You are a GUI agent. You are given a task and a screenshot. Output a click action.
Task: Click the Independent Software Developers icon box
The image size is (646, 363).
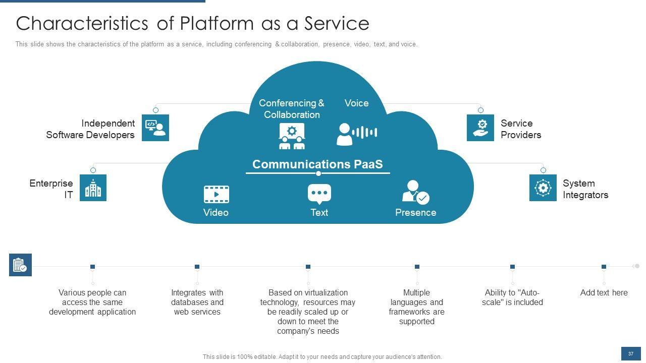click(x=155, y=128)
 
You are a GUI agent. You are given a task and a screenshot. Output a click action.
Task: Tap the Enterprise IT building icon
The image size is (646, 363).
click(x=93, y=188)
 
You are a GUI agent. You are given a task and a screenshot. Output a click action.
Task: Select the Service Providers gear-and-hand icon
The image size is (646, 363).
click(x=480, y=128)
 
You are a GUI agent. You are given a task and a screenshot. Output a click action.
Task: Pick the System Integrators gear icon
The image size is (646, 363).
click(x=543, y=188)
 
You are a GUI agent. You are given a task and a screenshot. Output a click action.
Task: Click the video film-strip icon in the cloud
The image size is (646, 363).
click(x=217, y=195)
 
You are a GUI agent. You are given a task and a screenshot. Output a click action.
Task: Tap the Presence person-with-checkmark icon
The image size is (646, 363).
click(x=415, y=192)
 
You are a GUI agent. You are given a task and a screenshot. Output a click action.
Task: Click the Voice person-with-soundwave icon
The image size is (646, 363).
click(x=357, y=134)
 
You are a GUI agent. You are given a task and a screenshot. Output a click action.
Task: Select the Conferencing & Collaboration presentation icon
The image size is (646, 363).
click(x=292, y=136)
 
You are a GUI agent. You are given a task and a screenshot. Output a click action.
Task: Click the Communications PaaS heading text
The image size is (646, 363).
click(x=317, y=164)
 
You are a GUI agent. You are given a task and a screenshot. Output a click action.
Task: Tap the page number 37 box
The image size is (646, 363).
click(x=631, y=354)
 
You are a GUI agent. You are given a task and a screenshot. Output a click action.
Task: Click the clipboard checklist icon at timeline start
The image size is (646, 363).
click(x=20, y=265)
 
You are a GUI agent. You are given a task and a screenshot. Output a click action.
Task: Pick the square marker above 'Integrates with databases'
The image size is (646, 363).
click(x=197, y=267)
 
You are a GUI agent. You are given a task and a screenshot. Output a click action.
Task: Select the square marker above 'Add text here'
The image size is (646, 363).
click(x=604, y=267)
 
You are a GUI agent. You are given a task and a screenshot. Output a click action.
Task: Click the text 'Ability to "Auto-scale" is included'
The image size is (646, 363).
click(x=512, y=297)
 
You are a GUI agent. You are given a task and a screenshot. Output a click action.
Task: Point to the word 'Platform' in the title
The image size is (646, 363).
click(x=217, y=23)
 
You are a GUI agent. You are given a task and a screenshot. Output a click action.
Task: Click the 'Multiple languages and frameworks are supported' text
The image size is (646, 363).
click(x=416, y=307)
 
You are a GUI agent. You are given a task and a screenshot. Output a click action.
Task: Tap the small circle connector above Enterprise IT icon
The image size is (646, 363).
click(x=93, y=170)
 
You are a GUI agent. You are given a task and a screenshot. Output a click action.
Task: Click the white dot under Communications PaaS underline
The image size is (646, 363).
click(x=318, y=173)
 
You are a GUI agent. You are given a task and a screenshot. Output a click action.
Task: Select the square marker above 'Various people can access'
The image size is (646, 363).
click(x=92, y=267)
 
